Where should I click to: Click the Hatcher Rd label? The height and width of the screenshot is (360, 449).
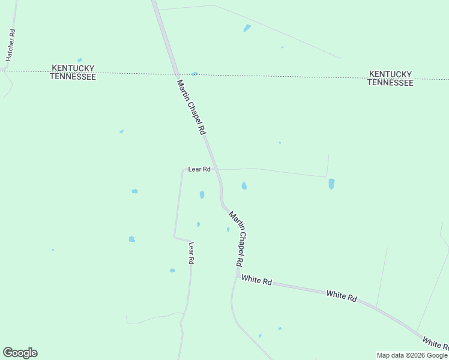point(10,45)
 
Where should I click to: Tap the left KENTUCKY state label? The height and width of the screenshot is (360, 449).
point(73,68)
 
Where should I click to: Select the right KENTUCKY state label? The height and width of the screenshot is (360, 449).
point(390,74)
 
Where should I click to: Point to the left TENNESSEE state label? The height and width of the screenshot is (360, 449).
point(73,77)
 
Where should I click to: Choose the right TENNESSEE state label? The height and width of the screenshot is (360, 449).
point(390,83)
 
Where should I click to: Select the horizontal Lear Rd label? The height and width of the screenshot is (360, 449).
point(199,169)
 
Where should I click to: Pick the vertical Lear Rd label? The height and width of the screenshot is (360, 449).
point(191,253)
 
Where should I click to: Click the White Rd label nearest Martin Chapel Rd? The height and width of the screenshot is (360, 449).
point(257,280)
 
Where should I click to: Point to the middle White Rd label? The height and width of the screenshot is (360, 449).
point(342,295)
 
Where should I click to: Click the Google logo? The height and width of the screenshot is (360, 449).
point(20,353)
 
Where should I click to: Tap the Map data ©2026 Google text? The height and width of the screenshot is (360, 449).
point(412,355)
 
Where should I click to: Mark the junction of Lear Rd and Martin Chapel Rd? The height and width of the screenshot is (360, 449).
point(217,169)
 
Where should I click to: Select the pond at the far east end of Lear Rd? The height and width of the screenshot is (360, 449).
point(331,184)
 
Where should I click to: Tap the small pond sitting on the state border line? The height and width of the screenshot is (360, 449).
point(194,74)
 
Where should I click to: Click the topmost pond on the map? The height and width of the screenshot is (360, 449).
point(247,28)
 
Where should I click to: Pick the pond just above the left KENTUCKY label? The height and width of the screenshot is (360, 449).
point(80,60)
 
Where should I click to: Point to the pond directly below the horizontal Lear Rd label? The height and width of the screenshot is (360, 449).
point(202,194)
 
